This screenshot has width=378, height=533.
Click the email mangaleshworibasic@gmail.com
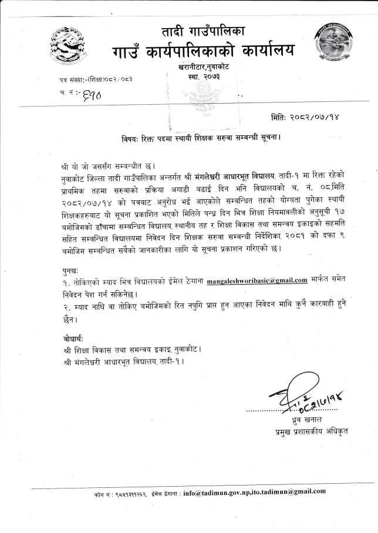(x=258, y=280)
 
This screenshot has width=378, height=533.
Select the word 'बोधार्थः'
(x=74, y=340)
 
